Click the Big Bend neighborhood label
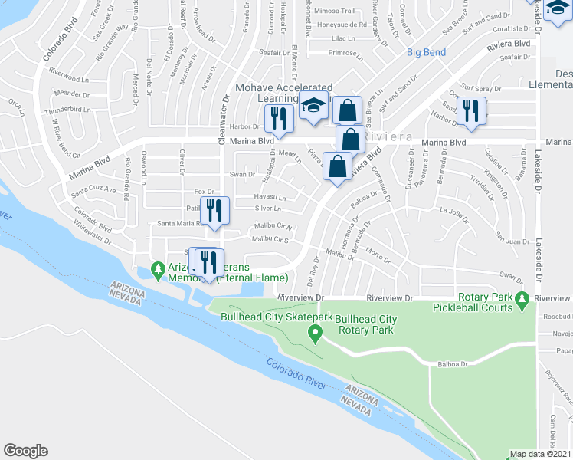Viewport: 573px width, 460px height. [x=426, y=52]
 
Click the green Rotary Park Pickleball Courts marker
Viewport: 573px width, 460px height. [x=522, y=300]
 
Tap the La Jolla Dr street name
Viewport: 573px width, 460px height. [x=453, y=212]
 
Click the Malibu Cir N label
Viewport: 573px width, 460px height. [x=273, y=226]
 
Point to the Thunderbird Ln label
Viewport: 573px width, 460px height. [x=67, y=109]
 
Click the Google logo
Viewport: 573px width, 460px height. [x=25, y=450]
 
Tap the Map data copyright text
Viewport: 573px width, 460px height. [x=540, y=454]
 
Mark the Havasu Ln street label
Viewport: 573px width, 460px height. [x=270, y=197]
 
